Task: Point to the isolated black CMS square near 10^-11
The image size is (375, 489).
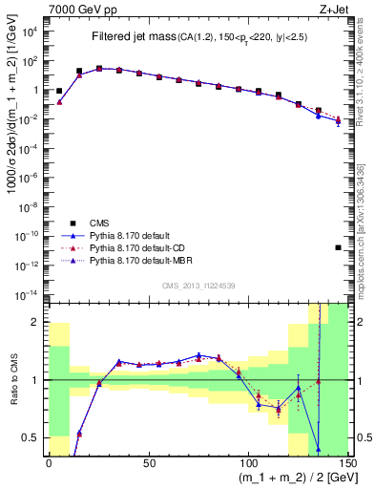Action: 339,247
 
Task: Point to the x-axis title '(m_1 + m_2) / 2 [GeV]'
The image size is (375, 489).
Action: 295,478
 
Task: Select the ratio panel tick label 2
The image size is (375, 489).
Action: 36,322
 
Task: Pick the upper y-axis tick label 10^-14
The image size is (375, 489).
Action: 29,292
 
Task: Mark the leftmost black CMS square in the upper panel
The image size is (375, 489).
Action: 59,92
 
